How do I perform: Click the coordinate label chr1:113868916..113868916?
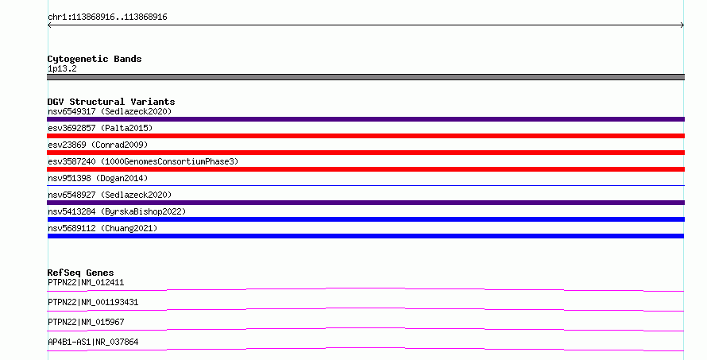[107, 17]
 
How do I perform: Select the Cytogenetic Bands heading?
[95, 59]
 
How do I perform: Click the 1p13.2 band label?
[62, 68]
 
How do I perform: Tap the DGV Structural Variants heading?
[111, 102]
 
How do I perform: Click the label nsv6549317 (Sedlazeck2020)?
[110, 111]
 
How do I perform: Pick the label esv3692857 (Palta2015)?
[100, 128]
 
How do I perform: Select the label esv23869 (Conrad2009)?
[98, 145]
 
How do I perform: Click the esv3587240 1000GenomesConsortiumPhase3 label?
[143, 161]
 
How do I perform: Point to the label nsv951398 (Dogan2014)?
[98, 178]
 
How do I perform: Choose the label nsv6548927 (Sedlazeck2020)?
[110, 195]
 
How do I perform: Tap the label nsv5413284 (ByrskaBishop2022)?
[117, 211]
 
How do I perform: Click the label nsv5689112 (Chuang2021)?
[102, 228]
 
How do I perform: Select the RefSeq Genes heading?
[80, 273]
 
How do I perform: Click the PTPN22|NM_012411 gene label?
[86, 282]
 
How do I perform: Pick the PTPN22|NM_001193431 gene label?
[93, 302]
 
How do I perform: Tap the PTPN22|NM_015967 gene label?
[86, 322]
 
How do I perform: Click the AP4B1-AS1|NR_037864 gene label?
[93, 342]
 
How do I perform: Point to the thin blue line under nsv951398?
[365, 185]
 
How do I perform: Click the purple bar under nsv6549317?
[365, 119]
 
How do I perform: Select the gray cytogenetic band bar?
[365, 77]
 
